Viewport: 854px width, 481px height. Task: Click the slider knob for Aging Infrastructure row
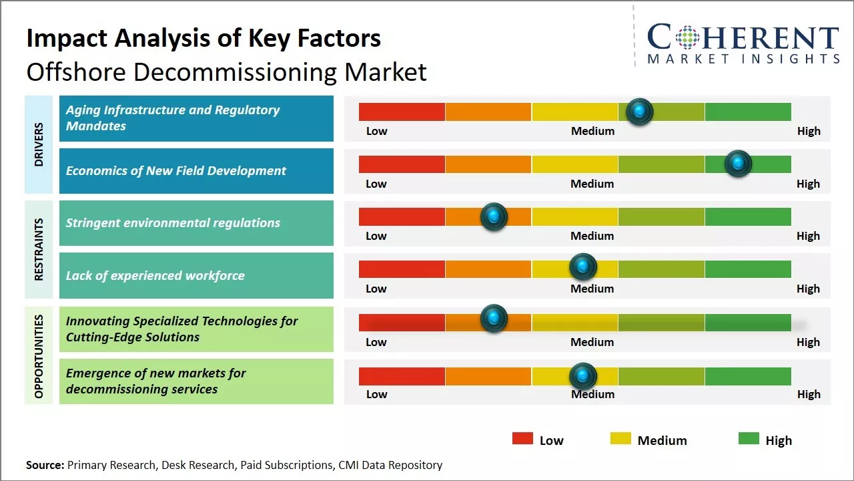click(x=640, y=112)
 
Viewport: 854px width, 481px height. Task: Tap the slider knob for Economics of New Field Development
click(x=738, y=164)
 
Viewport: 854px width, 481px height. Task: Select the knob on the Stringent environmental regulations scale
click(x=494, y=216)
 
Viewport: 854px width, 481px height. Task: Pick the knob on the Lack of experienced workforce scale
click(x=583, y=267)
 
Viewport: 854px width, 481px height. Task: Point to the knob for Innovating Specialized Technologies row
click(x=494, y=319)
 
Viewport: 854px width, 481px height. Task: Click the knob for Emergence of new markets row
click(x=583, y=376)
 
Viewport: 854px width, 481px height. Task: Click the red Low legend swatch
click(x=522, y=439)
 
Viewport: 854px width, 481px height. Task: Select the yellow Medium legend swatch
click(x=620, y=439)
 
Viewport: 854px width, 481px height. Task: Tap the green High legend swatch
click(x=749, y=439)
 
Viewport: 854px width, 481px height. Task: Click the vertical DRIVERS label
click(x=39, y=144)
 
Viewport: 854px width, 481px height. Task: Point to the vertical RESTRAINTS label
click(x=39, y=249)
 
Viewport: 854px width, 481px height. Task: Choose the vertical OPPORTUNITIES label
click(x=39, y=356)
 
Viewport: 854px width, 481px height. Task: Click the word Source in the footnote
click(x=44, y=465)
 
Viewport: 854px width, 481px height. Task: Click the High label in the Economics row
click(x=808, y=184)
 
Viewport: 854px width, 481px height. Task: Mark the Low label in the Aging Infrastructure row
click(x=376, y=131)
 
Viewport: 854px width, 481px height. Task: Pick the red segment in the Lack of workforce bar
click(x=402, y=269)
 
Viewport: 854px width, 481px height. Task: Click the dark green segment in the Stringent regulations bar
click(x=747, y=216)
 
